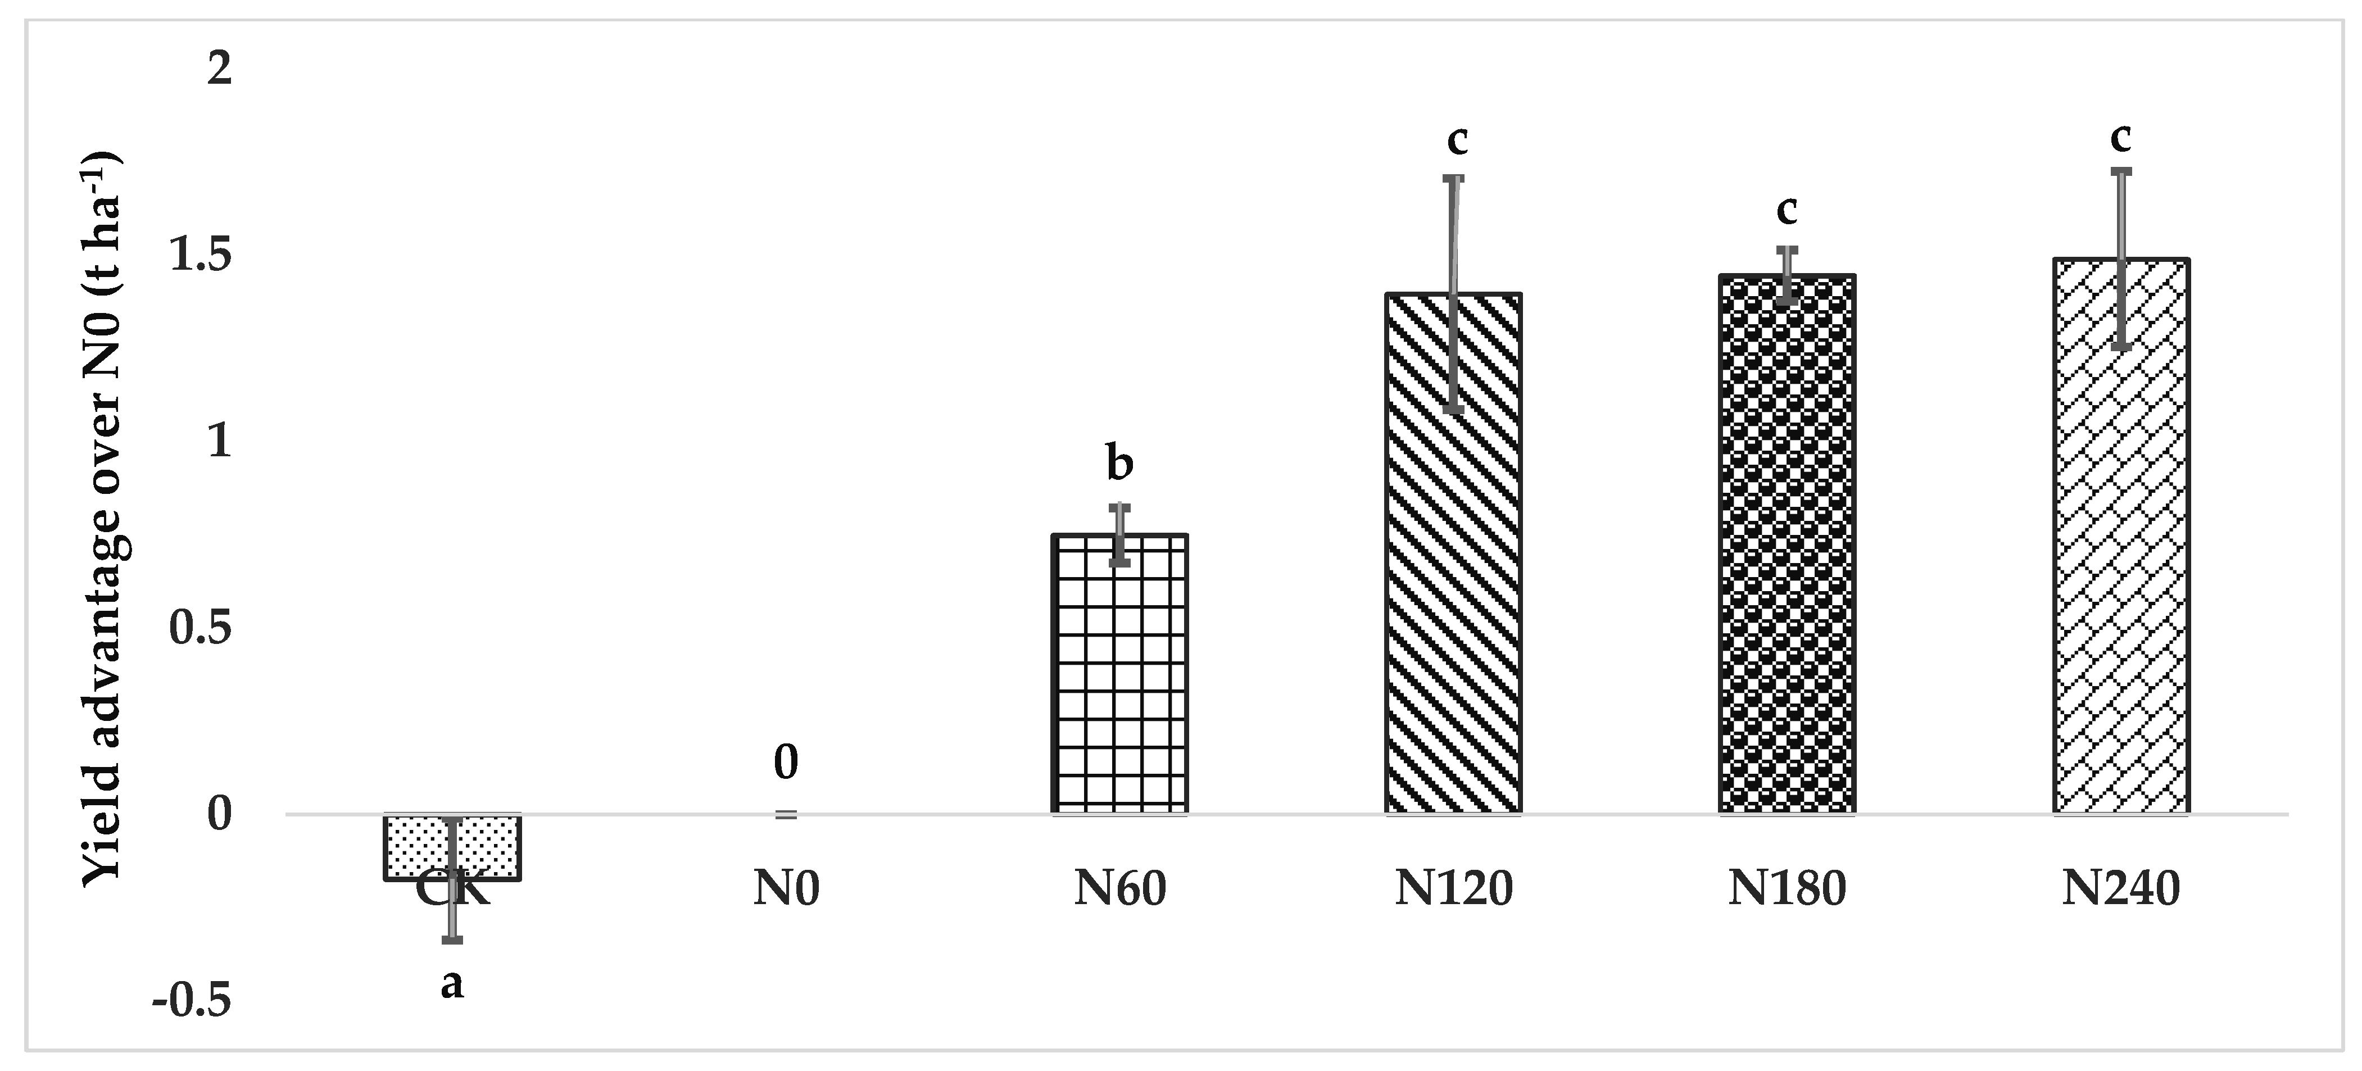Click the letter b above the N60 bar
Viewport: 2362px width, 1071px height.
point(1119,463)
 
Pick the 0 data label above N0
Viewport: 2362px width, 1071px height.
point(786,763)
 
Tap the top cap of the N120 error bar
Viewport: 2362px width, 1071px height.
point(1453,178)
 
